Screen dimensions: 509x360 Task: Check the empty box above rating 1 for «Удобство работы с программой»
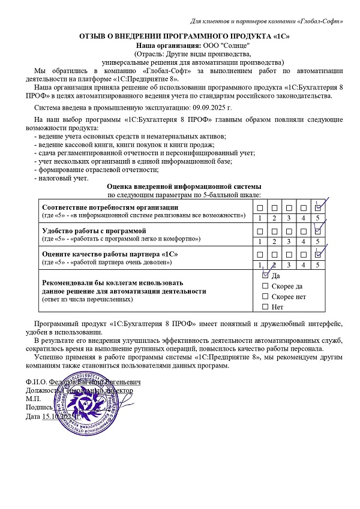point(260,231)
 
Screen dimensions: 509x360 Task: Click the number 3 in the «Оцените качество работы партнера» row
point(290,264)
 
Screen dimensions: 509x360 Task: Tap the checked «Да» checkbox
point(266,276)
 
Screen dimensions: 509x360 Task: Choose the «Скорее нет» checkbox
point(266,297)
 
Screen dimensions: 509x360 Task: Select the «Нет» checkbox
point(266,307)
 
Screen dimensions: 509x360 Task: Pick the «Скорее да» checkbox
point(266,287)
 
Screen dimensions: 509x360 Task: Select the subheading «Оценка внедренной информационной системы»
point(184,187)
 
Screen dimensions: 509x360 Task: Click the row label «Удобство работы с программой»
point(93,231)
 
